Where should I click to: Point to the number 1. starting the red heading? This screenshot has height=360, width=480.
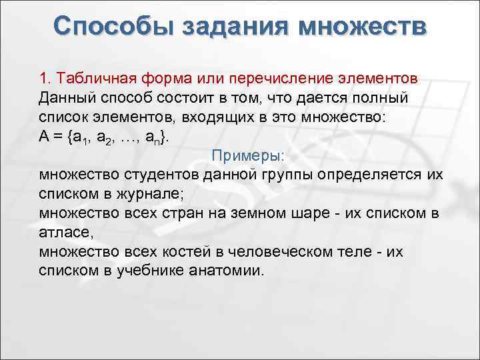45,78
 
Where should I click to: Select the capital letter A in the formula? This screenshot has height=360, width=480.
44,136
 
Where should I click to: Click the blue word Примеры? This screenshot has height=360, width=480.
248,155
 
